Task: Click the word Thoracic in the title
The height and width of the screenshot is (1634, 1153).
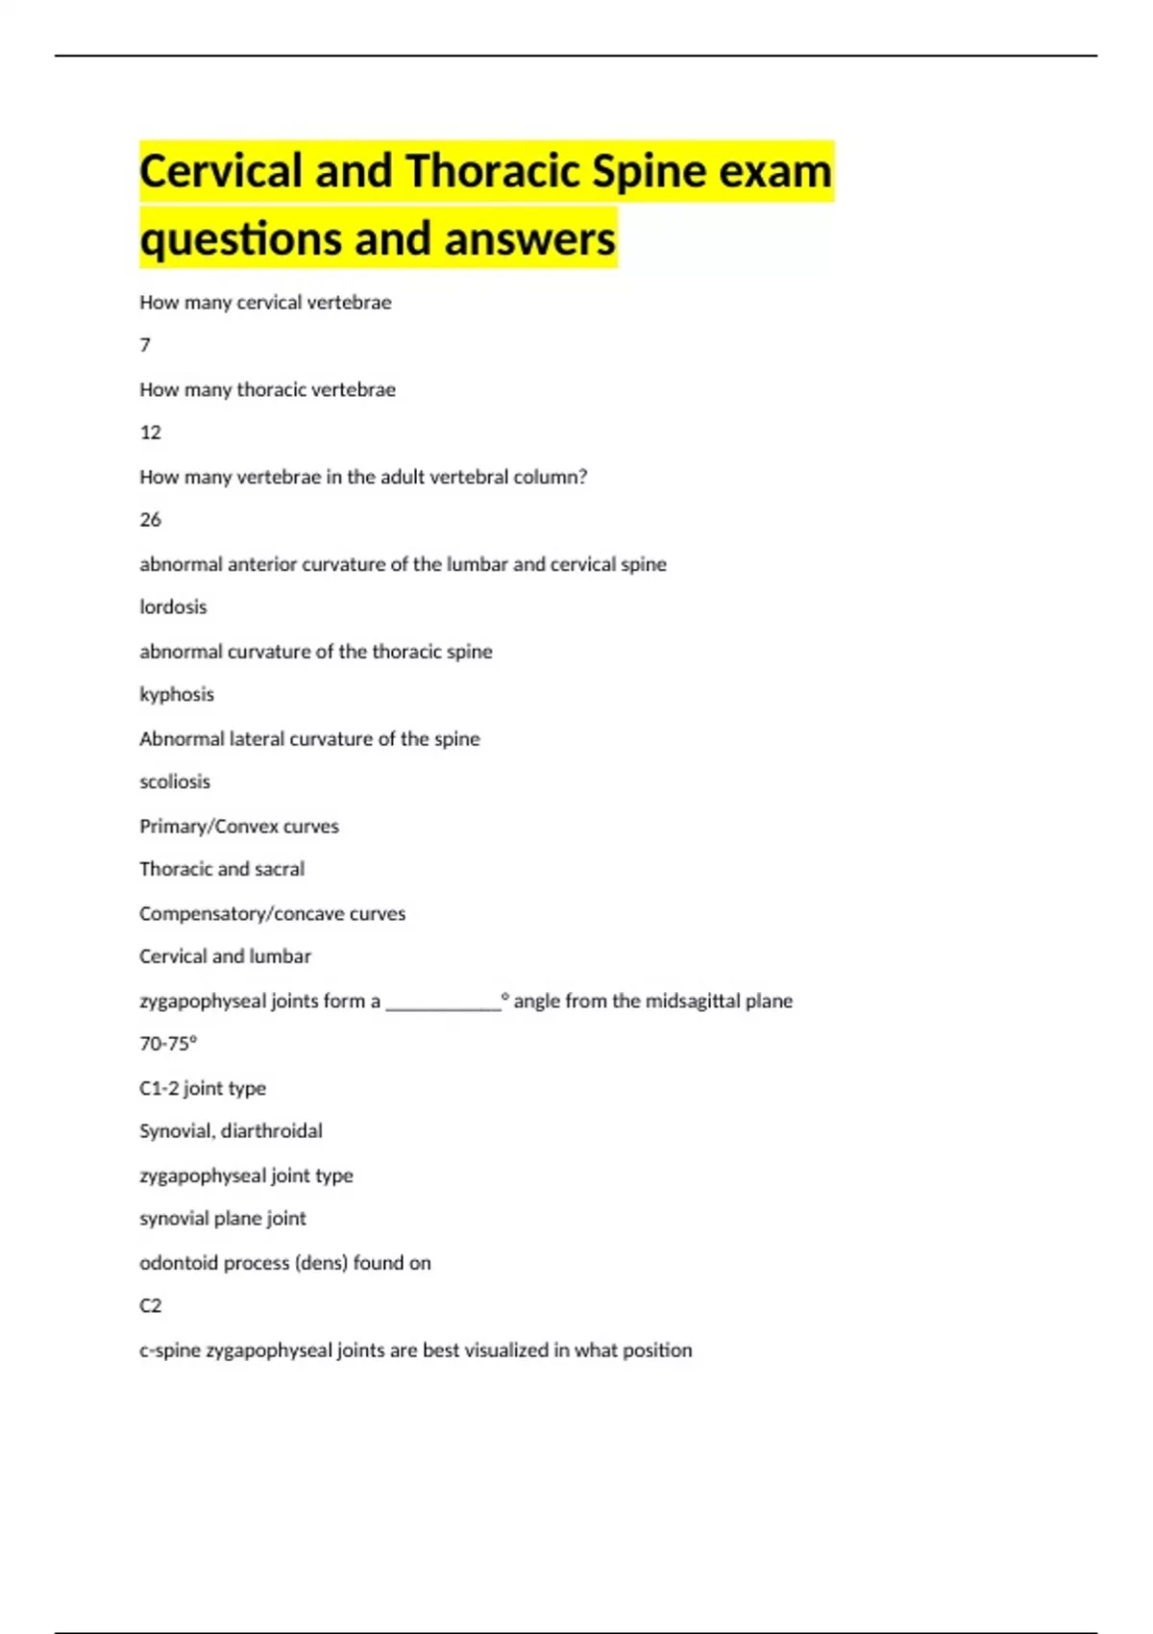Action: click(492, 172)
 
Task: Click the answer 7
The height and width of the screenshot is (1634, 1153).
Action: click(145, 345)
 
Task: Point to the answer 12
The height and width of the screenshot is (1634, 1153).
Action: click(151, 433)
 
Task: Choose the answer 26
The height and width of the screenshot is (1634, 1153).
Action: click(151, 520)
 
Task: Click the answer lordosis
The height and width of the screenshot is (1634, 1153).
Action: click(173, 607)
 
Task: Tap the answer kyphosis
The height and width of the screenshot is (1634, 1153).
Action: click(177, 695)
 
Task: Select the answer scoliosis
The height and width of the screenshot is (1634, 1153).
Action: click(175, 782)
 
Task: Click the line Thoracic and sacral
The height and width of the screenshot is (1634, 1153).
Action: click(222, 870)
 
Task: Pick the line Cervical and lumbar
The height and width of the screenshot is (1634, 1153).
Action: click(225, 957)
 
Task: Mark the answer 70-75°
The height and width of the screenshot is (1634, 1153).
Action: click(168, 1044)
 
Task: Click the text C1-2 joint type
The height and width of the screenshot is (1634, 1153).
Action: click(203, 1089)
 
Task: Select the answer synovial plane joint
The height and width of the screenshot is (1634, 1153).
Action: click(223, 1219)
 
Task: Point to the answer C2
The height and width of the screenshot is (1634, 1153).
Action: click(151, 1306)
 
